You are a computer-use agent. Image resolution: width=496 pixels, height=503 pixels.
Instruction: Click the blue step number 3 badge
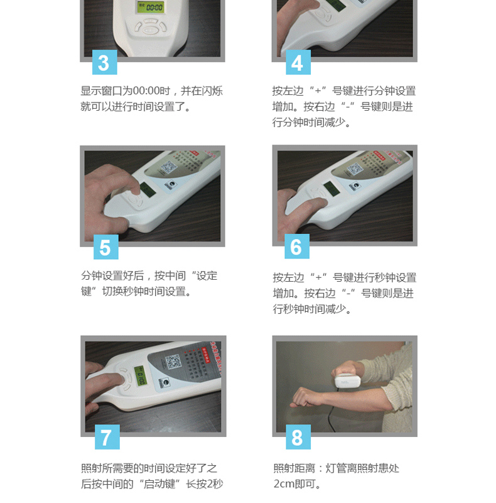pyautogui.click(x=105, y=63)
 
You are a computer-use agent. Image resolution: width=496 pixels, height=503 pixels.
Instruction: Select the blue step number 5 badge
pyautogui.click(x=105, y=248)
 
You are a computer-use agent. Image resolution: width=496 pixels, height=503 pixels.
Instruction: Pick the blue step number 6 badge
pyautogui.click(x=297, y=247)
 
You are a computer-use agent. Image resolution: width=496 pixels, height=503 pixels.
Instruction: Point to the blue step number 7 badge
pyautogui.click(x=105, y=437)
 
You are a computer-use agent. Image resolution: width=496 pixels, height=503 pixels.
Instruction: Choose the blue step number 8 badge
pyautogui.click(x=298, y=437)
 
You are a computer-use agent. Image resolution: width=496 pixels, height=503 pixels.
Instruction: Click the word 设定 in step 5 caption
pyautogui.click(x=207, y=276)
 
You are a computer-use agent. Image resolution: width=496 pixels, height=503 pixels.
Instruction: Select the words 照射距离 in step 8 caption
pyautogui.click(x=294, y=468)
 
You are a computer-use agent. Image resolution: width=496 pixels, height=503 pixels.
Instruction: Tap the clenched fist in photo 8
pyautogui.click(x=306, y=397)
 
